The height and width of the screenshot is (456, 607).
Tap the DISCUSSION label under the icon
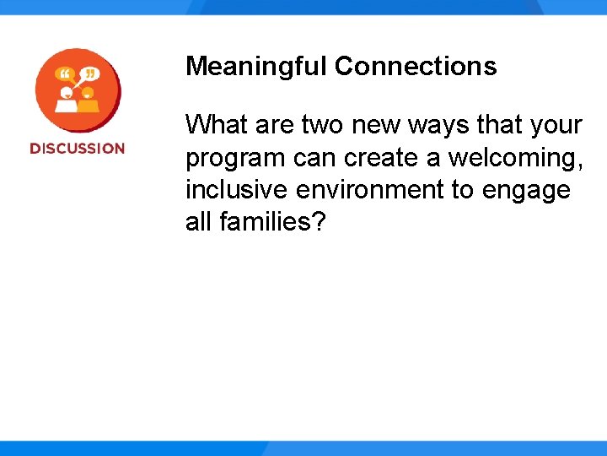pos(77,149)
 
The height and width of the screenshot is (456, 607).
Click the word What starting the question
pos(216,125)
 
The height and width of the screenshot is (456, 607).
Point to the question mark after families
pos(317,223)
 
